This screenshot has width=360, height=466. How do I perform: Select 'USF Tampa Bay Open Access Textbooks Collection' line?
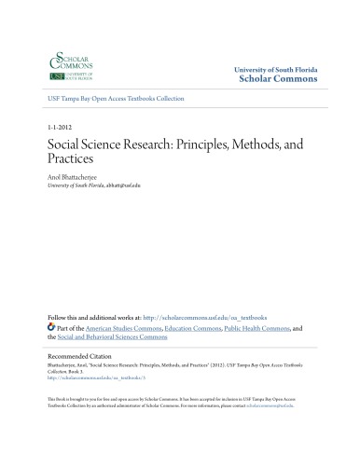[x=117, y=98]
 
